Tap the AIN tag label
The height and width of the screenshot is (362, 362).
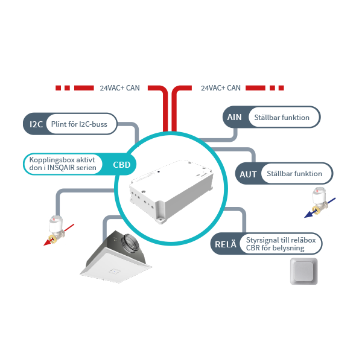235,118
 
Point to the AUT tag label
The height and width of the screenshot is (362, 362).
249,174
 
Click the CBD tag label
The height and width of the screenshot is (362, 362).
122,164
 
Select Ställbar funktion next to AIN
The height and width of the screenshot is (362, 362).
282,118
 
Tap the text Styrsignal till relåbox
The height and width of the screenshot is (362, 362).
281,241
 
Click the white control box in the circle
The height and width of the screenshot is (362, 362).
173,186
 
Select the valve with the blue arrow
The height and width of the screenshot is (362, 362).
318,202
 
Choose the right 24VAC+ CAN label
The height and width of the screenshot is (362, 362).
220,88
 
